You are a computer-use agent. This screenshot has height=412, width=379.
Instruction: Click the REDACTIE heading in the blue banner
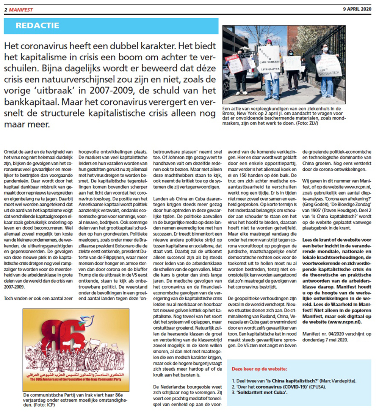(38, 26)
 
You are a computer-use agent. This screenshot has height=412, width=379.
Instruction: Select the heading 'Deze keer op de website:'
(259, 368)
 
